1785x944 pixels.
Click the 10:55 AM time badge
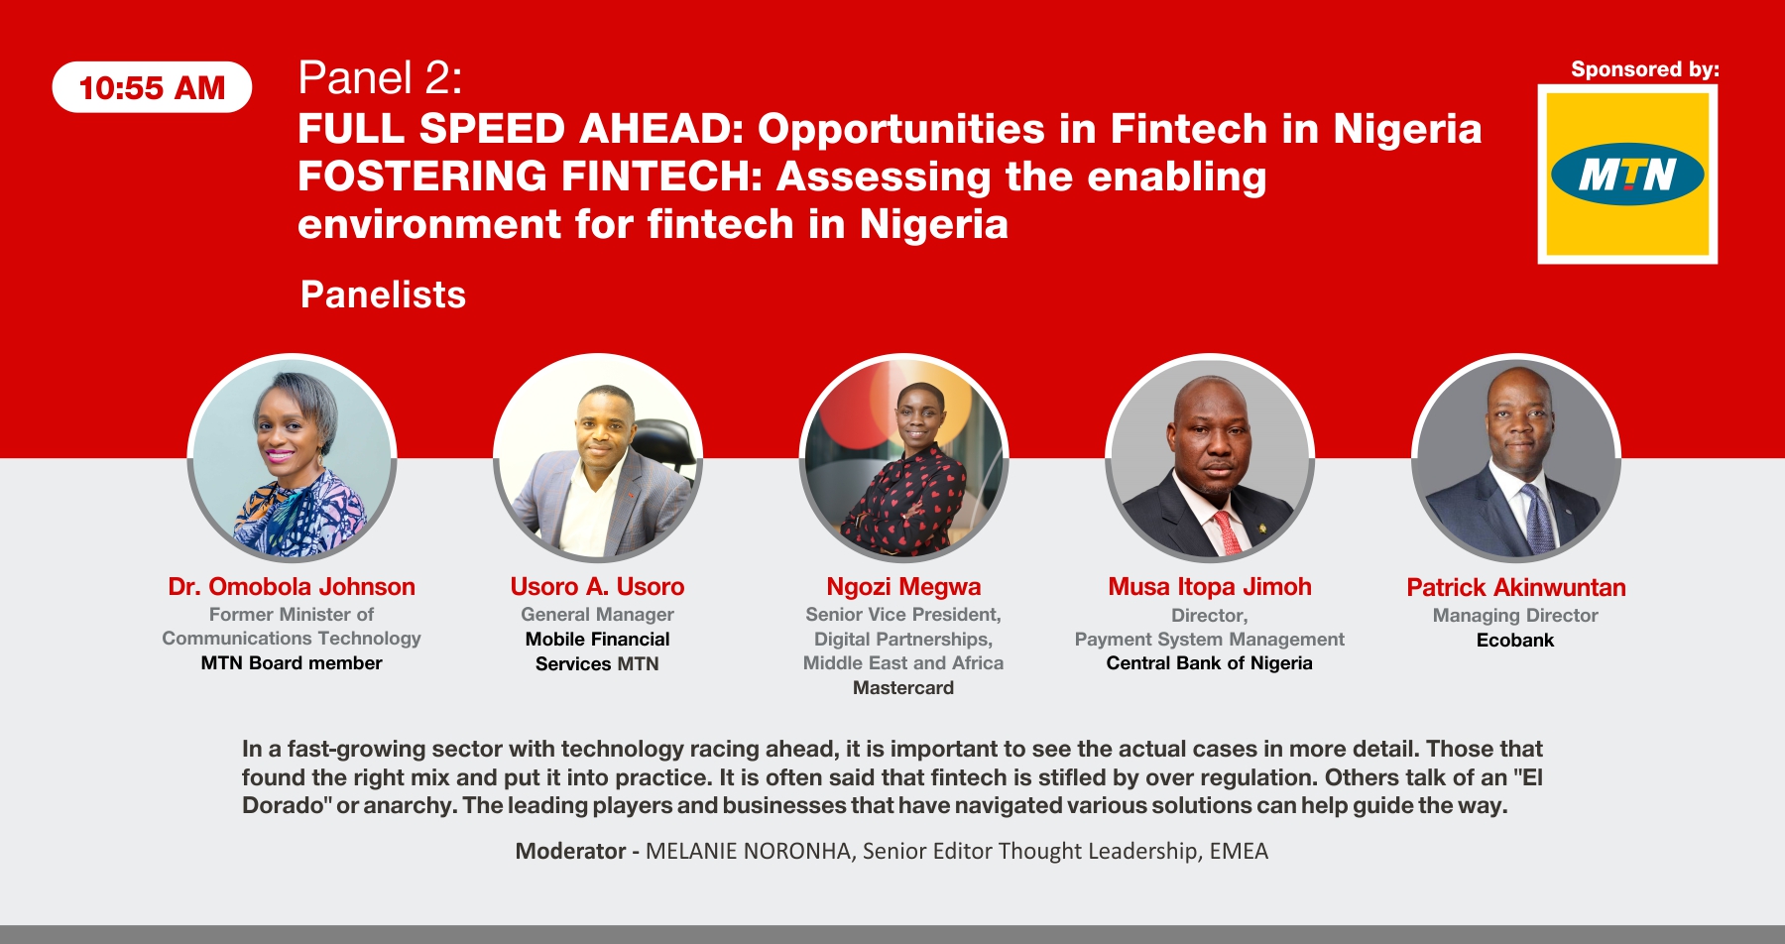pos(152,87)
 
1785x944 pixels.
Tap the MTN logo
pos(1627,175)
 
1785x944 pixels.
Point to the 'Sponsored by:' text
pos(1645,69)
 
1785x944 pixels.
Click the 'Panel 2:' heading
pos(380,77)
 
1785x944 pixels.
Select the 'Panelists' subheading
pos(383,295)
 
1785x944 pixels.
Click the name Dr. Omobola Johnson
pos(292,587)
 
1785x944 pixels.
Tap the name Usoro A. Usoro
pos(597,587)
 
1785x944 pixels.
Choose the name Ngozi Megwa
pos(903,587)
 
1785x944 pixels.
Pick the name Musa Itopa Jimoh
pos(1210,587)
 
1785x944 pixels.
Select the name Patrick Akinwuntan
pos(1516,588)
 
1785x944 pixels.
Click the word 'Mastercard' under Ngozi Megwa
pos(903,688)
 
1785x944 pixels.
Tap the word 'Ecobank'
pos(1515,641)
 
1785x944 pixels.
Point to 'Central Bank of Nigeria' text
pos(1210,663)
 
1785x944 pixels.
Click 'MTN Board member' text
pos(292,663)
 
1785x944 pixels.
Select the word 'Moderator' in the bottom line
pos(570,851)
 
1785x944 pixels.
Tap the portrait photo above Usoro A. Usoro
pos(598,458)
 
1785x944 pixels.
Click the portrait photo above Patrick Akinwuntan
pos(1516,458)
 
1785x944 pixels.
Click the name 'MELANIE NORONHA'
pos(748,851)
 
